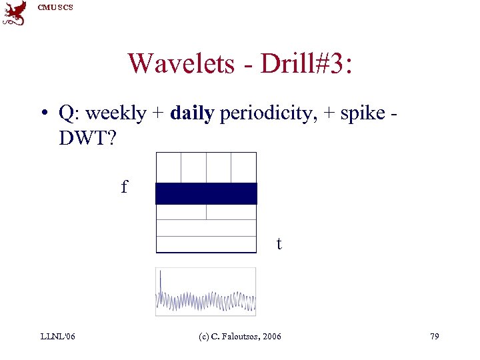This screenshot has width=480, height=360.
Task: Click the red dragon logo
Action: point(15,13)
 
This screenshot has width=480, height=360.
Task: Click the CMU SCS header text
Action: point(55,7)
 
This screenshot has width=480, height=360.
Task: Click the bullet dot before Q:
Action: point(42,114)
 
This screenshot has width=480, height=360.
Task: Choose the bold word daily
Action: point(192,114)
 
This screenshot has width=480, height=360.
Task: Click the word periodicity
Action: point(260,114)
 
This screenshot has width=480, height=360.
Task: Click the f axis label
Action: point(124,187)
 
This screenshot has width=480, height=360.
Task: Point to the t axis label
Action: point(279,245)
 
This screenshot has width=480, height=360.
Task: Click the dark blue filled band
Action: point(206,193)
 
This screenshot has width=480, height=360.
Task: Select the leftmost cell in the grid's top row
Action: point(168,167)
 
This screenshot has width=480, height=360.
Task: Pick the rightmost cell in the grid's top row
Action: point(244,167)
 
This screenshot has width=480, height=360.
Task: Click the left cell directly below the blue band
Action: point(181,211)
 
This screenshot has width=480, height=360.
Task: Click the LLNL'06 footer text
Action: point(57,337)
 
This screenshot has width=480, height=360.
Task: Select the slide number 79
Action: point(434,337)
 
